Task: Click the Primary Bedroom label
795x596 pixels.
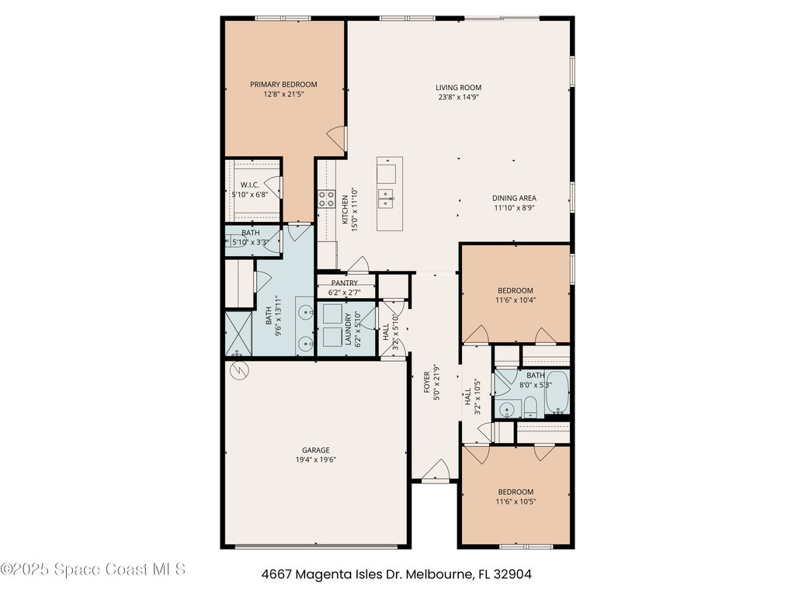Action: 283,85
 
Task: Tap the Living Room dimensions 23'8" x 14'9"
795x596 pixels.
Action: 459,97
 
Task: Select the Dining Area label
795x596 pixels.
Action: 514,198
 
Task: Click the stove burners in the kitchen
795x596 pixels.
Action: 327,199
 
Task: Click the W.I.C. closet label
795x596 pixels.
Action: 249,185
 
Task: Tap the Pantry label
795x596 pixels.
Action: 345,283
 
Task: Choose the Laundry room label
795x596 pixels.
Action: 349,329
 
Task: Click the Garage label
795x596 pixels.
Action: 316,450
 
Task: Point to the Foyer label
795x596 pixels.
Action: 426,382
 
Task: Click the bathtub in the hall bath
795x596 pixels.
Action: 557,392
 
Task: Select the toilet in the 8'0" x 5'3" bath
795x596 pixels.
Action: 529,407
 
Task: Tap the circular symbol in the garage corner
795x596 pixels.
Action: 239,370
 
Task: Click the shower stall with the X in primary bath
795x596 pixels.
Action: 238,334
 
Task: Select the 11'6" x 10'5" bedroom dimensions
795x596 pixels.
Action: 516,502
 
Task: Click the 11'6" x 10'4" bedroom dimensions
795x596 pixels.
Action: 516,300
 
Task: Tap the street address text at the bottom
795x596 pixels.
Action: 397,574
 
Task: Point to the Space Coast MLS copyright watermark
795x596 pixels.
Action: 93,569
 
